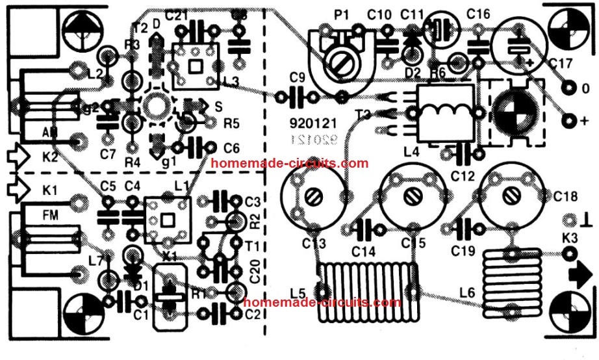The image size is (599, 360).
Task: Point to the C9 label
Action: (x=297, y=78)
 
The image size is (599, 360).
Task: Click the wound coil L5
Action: (x=366, y=290)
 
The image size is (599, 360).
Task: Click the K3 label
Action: (x=569, y=238)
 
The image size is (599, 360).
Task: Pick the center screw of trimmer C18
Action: (x=511, y=194)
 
